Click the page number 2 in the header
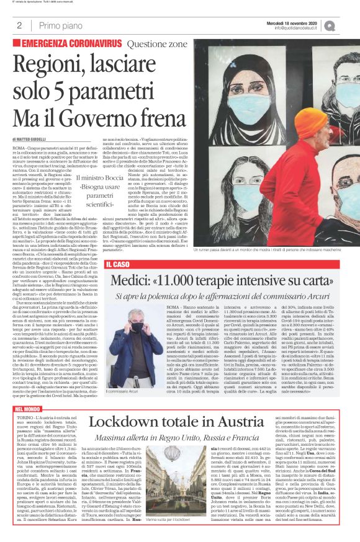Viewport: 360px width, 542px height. (x=19, y=26)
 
